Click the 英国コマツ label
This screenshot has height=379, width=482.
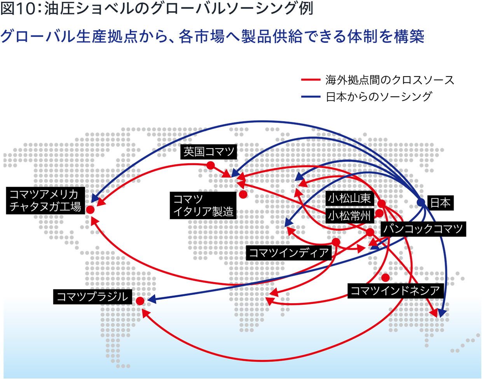pyautogui.click(x=208, y=152)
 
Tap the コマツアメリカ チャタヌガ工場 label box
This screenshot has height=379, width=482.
pyautogui.click(x=45, y=201)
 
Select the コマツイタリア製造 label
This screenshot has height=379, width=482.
pyautogui.click(x=203, y=205)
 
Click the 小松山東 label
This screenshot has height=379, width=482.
pyautogui.click(x=349, y=198)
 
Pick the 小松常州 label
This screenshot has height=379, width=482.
pyautogui.click(x=349, y=216)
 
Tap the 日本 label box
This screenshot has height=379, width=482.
pyautogui.click(x=440, y=203)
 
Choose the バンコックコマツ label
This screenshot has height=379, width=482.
pyautogui.click(x=423, y=229)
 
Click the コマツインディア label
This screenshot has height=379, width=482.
pyautogui.click(x=289, y=253)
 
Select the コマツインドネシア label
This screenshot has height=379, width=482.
pyautogui.click(x=396, y=290)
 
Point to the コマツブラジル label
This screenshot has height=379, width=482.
pyautogui.click(x=93, y=297)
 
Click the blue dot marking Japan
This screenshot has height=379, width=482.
pyautogui.click(x=421, y=202)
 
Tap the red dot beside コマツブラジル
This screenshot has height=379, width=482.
pyautogui.click(x=140, y=301)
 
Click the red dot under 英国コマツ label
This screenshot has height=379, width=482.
pyautogui.click(x=211, y=166)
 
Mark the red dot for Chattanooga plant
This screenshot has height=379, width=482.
pyautogui.click(x=90, y=210)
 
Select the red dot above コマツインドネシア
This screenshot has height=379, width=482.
pyautogui.click(x=386, y=278)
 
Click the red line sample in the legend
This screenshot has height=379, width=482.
pyautogui.click(x=311, y=80)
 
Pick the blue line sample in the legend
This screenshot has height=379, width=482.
pyautogui.click(x=311, y=96)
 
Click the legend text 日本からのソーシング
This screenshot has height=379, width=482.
pyautogui.click(x=379, y=96)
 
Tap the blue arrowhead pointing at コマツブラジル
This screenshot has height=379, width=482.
pyautogui.click(x=152, y=299)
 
